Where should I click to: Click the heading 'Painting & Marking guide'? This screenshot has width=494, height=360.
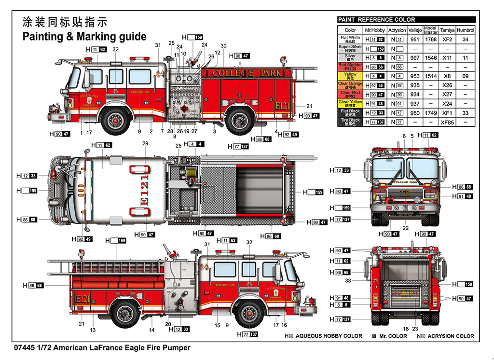pyautogui.click(x=84, y=37)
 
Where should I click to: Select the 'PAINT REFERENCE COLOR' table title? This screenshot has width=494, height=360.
pyautogui.click(x=376, y=20)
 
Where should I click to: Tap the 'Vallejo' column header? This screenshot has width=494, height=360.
pyautogui.click(x=414, y=30)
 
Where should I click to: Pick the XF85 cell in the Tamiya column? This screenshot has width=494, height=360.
pyautogui.click(x=447, y=122)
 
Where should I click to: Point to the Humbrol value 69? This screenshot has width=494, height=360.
pyautogui.click(x=465, y=76)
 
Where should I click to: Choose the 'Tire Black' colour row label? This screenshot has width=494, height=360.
pyautogui.click(x=350, y=122)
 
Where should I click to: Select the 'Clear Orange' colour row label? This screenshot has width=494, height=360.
pyautogui.click(x=350, y=85)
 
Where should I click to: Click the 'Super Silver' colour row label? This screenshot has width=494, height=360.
pyautogui.click(x=350, y=49)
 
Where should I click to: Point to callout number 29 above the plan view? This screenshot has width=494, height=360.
pyautogui.click(x=145, y=144)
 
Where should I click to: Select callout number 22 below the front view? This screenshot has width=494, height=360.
pyautogui.click(x=406, y=228)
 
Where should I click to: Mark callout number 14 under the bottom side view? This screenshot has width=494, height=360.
pyautogui.click(x=151, y=330)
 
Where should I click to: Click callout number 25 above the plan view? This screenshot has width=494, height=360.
pyautogui.click(x=178, y=146)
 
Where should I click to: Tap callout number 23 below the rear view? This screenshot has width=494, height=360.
pyautogui.click(x=415, y=329)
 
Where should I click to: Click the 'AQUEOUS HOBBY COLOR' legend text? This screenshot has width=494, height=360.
pyautogui.click(x=329, y=336)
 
